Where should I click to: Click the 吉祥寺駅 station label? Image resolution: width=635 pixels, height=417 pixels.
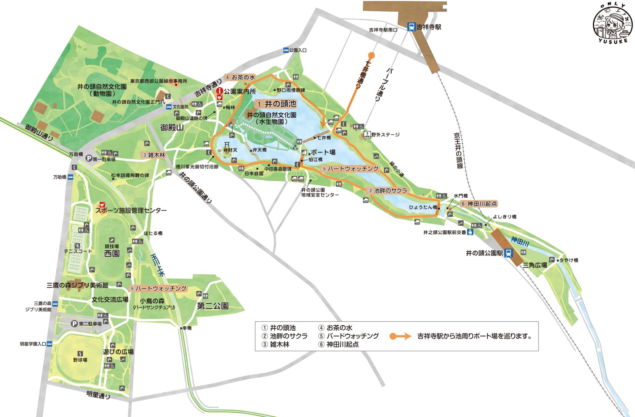[x=429, y=27]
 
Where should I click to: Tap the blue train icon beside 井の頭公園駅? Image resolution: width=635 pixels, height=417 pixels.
[x=509, y=253]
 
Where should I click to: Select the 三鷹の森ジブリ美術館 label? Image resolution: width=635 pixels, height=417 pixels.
[x=77, y=285]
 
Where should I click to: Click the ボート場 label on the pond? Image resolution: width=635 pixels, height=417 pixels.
[x=323, y=152]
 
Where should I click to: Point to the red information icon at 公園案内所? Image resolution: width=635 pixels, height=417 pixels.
[x=219, y=90]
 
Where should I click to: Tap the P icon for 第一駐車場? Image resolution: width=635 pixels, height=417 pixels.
[x=89, y=159]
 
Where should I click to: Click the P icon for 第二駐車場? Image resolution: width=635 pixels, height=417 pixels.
[x=75, y=323]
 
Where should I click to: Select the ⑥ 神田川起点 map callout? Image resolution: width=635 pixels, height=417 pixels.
[x=479, y=204]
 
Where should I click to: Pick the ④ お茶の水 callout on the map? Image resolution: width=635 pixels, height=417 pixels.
[x=240, y=77]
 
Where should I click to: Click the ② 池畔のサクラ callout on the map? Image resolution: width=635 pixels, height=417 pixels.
[x=388, y=191]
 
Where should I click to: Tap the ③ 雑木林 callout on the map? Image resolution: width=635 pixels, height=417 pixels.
[x=153, y=155]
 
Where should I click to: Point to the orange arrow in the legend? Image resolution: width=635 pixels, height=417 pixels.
[x=400, y=336]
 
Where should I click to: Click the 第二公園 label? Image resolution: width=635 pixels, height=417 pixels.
[x=212, y=306]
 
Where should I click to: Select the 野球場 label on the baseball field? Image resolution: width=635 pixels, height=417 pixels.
[x=80, y=360]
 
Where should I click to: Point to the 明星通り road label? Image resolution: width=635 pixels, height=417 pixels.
[x=98, y=394]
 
